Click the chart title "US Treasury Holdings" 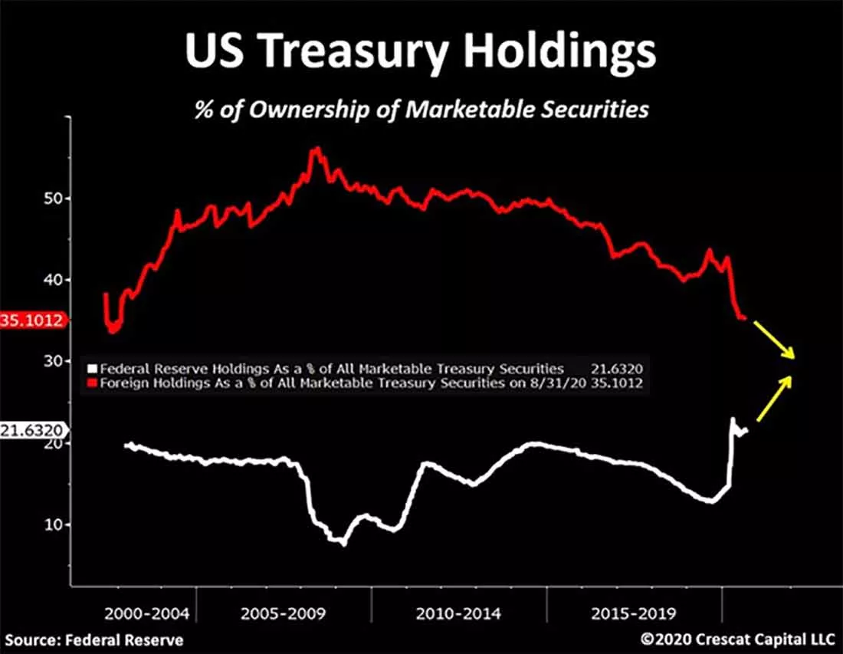point(421,51)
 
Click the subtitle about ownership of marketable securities point(421,109)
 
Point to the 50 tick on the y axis point(53,199)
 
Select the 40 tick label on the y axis point(53,280)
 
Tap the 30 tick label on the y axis point(53,361)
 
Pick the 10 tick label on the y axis point(53,524)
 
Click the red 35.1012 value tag point(34,320)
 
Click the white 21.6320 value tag point(34,430)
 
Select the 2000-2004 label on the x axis point(147,613)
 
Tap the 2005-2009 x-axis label point(284,613)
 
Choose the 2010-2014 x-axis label point(458,613)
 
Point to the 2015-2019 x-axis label point(633,613)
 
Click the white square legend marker point(93,369)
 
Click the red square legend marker point(93,383)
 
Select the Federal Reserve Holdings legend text point(332,369)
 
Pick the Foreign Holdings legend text point(343,383)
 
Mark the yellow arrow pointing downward point(774,340)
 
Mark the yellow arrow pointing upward point(774,398)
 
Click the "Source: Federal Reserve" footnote point(94,640)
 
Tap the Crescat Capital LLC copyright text point(737,639)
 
